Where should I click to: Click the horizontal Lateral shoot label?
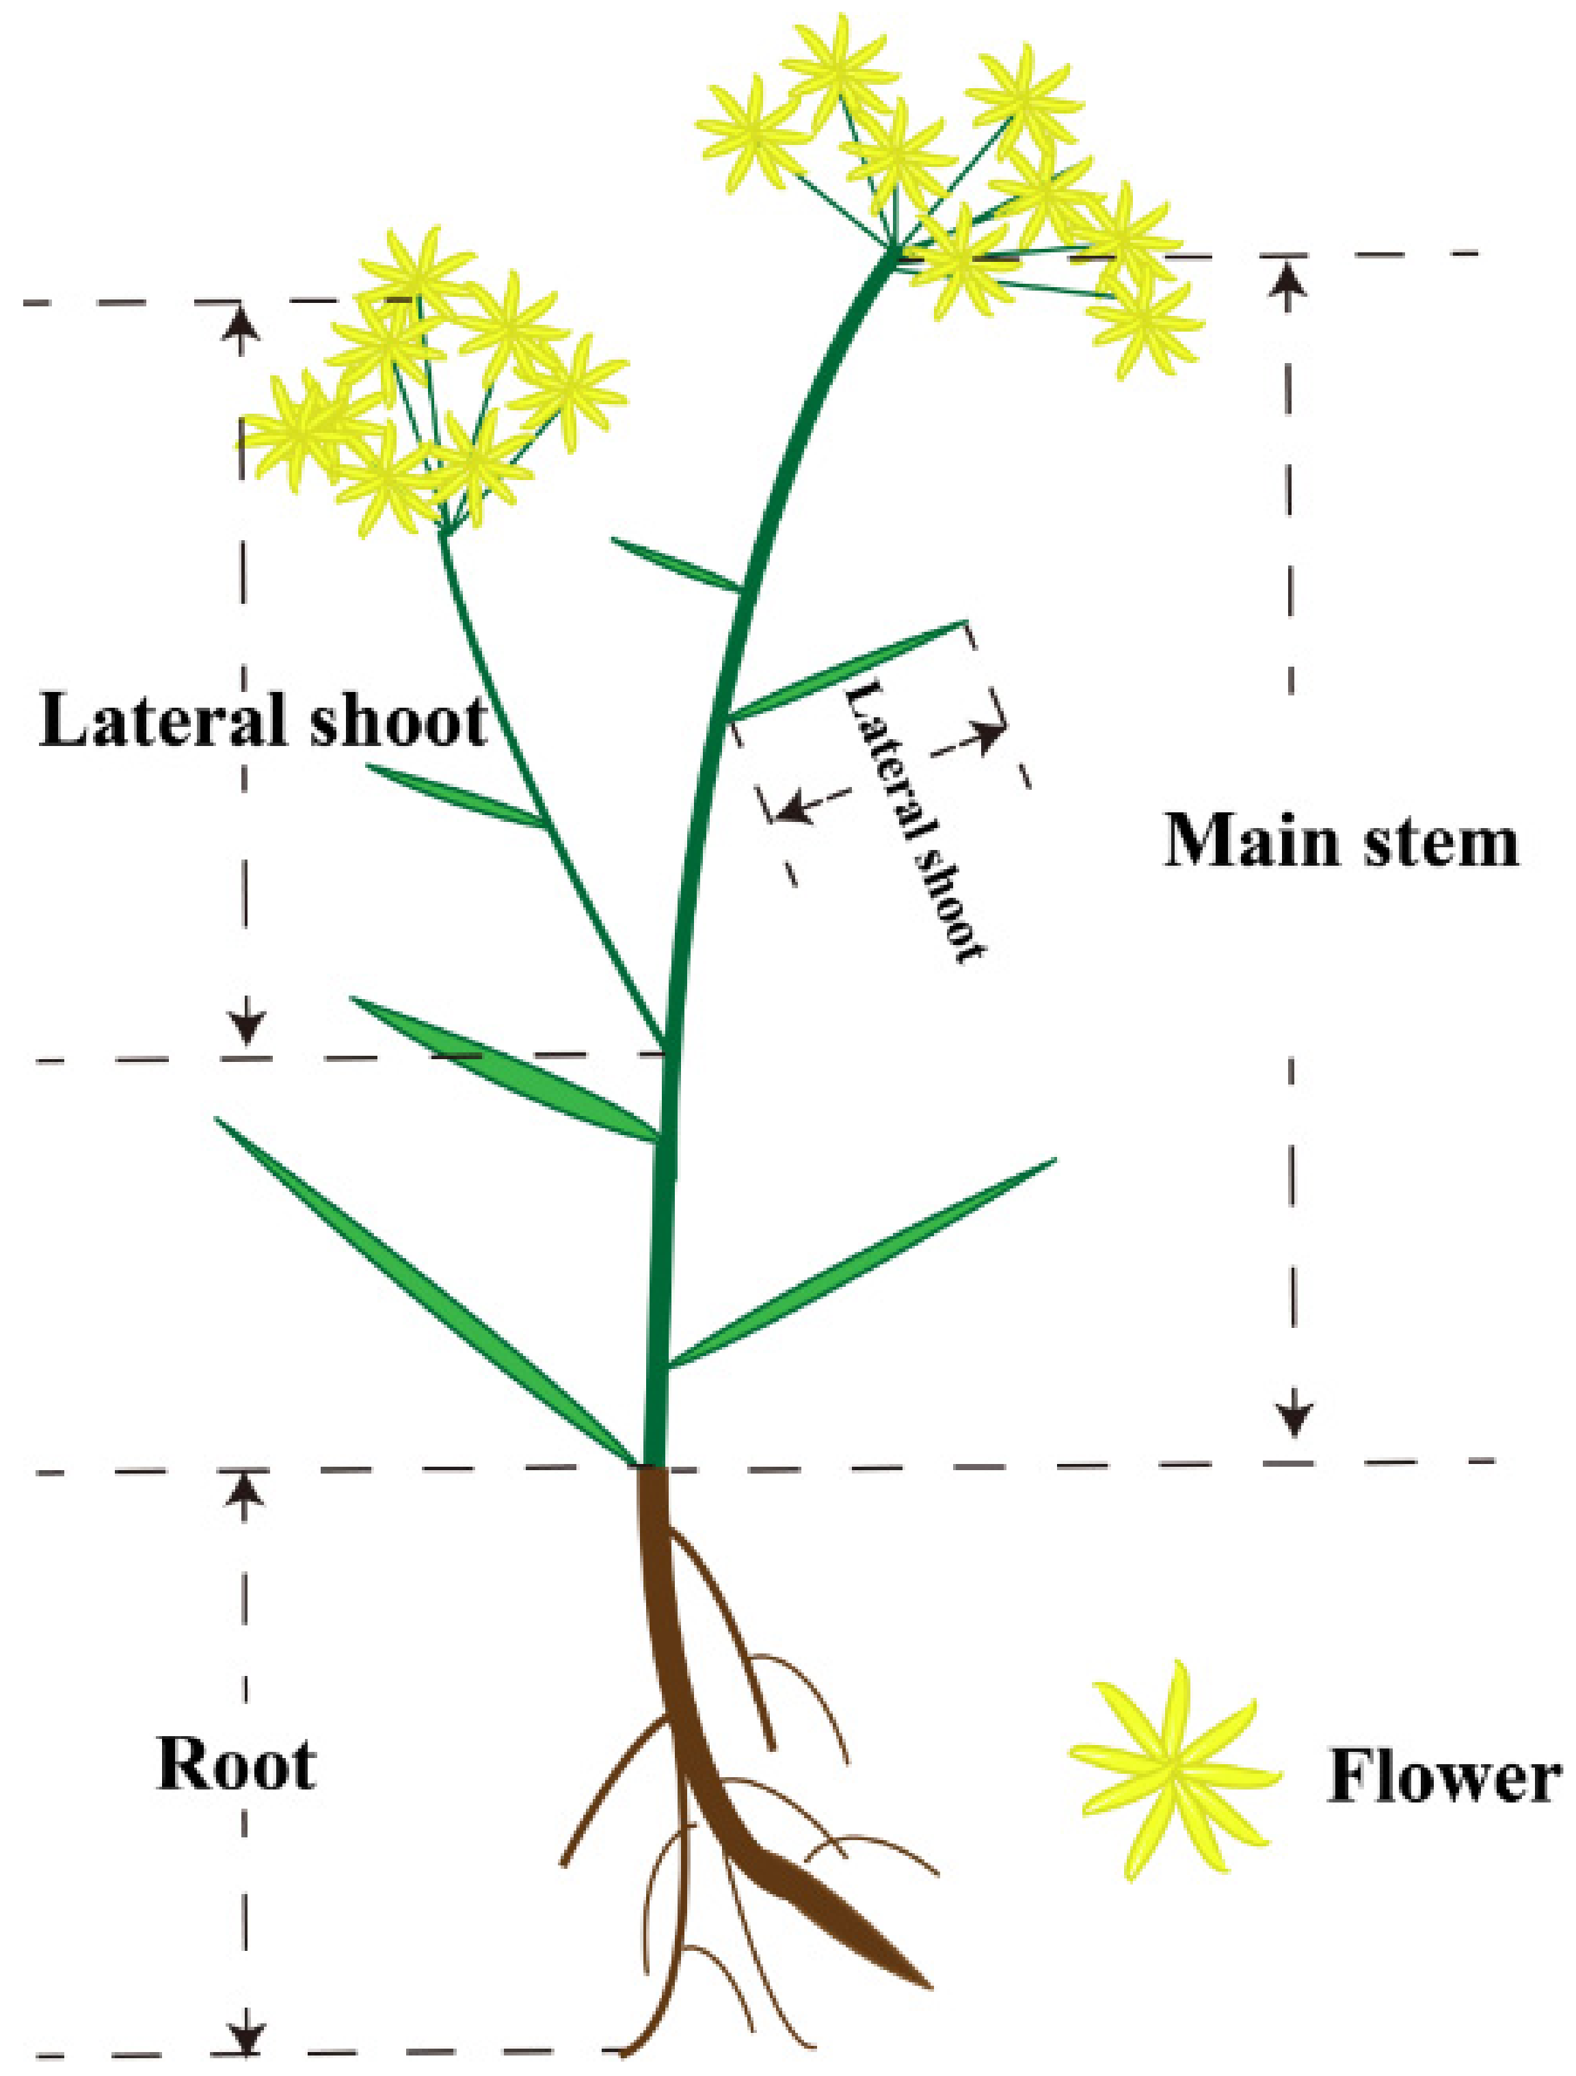click(x=263, y=721)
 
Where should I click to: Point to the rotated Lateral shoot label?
click(x=916, y=821)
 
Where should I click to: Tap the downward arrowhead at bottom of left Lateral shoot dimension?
click(x=247, y=1030)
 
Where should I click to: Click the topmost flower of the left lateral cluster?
click(x=415, y=270)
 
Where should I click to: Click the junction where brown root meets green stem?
click(x=653, y=1467)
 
